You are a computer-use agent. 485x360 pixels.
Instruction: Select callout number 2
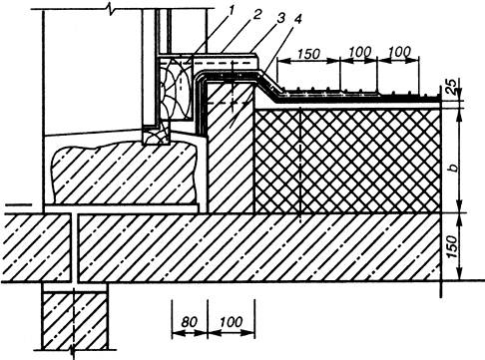click(x=256, y=15)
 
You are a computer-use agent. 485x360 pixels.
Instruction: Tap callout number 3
click(x=281, y=18)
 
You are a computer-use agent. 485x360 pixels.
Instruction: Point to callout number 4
click(x=297, y=20)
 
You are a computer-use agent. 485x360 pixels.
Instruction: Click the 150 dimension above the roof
click(x=308, y=54)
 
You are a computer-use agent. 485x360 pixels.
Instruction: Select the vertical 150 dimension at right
click(x=451, y=246)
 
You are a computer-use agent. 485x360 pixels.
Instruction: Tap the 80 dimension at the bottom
click(x=190, y=322)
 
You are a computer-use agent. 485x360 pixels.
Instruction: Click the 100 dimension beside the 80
click(x=232, y=322)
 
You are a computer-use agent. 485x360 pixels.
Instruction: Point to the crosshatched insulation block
click(x=347, y=161)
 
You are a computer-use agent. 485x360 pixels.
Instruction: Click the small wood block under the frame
click(x=157, y=136)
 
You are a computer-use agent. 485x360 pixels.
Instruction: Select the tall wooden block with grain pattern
click(x=176, y=89)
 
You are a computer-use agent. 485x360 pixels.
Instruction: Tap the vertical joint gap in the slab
click(x=74, y=248)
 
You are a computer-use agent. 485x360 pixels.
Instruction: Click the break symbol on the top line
click(x=111, y=8)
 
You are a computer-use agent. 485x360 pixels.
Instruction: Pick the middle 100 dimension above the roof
click(x=360, y=52)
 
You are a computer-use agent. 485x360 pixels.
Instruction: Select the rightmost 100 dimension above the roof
click(x=399, y=52)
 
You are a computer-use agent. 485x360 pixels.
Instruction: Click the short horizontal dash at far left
click(x=19, y=205)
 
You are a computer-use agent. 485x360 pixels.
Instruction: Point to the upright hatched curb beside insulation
click(x=231, y=148)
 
